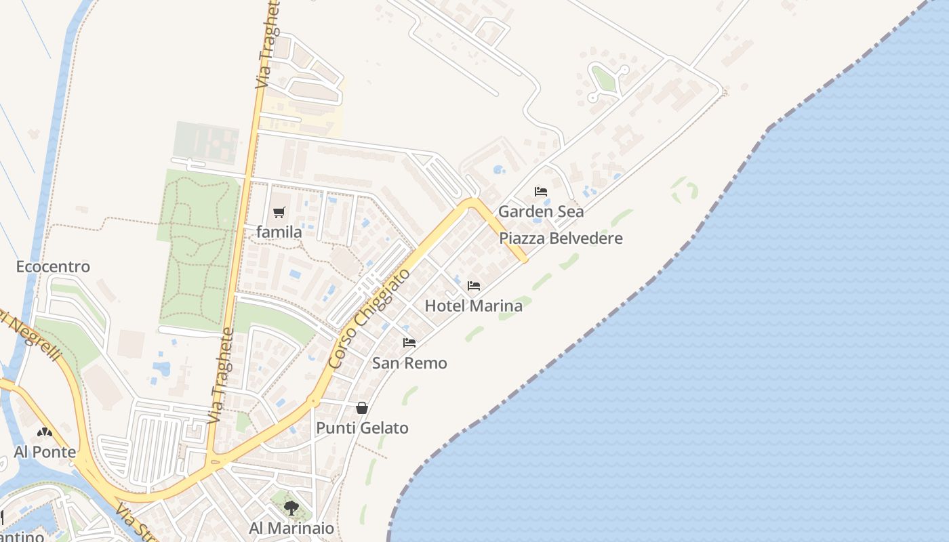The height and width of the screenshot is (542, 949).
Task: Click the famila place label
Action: coord(279,232)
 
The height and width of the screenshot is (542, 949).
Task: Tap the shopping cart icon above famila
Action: coord(279,213)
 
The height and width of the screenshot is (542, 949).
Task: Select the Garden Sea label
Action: coord(541,211)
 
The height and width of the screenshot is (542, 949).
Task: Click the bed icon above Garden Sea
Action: coord(541,192)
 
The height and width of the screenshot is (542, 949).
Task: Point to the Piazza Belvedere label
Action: coord(561,238)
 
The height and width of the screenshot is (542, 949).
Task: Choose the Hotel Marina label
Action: coord(473,306)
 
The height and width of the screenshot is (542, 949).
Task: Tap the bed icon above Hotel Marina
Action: coord(474,286)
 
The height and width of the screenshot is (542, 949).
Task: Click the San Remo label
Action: coord(409,363)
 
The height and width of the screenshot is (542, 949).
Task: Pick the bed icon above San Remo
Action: coord(409,343)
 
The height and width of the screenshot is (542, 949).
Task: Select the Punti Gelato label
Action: coord(362,428)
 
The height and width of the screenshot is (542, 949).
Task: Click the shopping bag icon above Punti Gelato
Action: coord(362,408)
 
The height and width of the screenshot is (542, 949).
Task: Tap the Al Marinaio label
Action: coord(291,528)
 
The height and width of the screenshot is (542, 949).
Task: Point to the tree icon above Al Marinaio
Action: coord(291,507)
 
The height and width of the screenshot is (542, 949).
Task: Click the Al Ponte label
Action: coord(45,452)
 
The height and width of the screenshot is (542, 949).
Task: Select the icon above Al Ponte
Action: coord(45,432)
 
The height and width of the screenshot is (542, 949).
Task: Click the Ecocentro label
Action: coord(53,266)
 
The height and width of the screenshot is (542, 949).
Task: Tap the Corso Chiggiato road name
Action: coord(369,318)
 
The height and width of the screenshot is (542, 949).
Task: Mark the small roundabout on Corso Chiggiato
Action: coord(313,402)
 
